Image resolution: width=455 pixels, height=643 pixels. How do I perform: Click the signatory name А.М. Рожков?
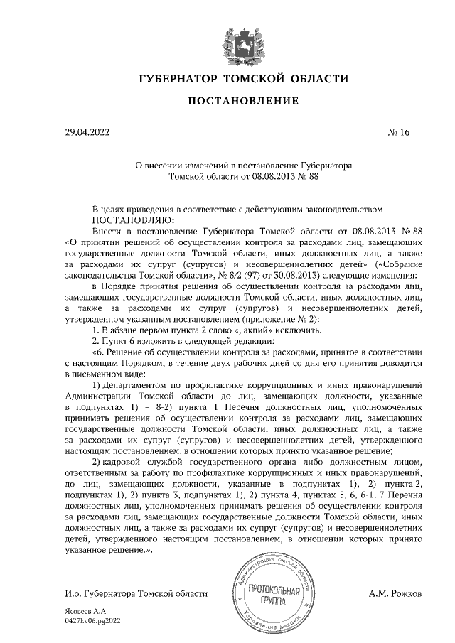tap(395, 593)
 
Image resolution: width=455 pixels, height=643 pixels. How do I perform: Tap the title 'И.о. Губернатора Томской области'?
tap(135, 593)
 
